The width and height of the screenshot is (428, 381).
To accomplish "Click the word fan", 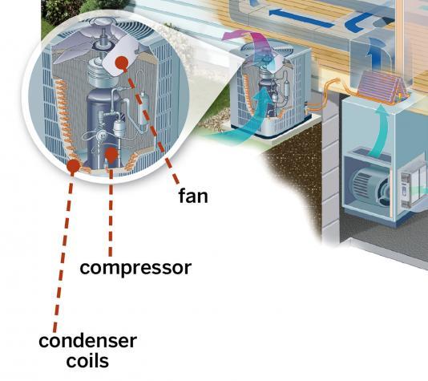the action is [x=193, y=196].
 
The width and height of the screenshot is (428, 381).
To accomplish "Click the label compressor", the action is [x=135, y=268].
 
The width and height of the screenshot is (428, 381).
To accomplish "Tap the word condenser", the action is [x=87, y=341].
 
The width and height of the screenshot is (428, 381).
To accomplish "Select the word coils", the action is [x=87, y=361].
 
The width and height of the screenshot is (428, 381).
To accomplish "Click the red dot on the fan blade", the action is [x=122, y=63].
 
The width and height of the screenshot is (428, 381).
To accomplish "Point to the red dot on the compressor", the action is [x=111, y=155].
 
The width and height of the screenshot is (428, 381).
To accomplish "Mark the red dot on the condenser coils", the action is [x=73, y=165].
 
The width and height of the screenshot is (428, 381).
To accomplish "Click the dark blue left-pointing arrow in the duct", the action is [x=301, y=18].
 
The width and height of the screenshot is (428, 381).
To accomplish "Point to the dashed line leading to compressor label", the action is [x=111, y=210].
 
